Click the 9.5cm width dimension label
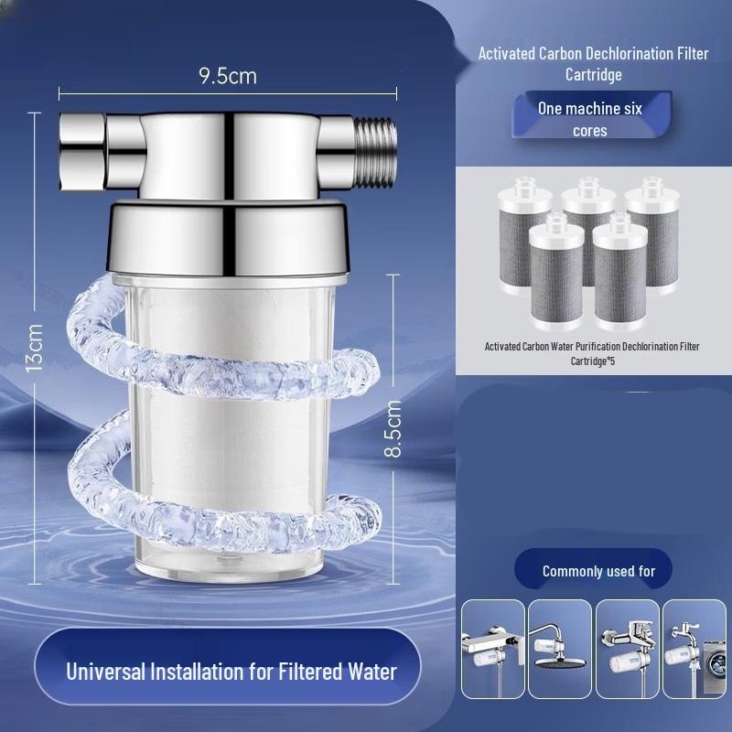pyautogui.click(x=228, y=76)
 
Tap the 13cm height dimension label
pyautogui.click(x=35, y=348)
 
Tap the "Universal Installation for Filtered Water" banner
pyautogui.click(x=231, y=671)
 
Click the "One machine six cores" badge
pyautogui.click(x=589, y=119)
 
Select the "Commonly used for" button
pyautogui.click(x=598, y=571)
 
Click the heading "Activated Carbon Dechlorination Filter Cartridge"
pyautogui.click(x=593, y=64)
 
